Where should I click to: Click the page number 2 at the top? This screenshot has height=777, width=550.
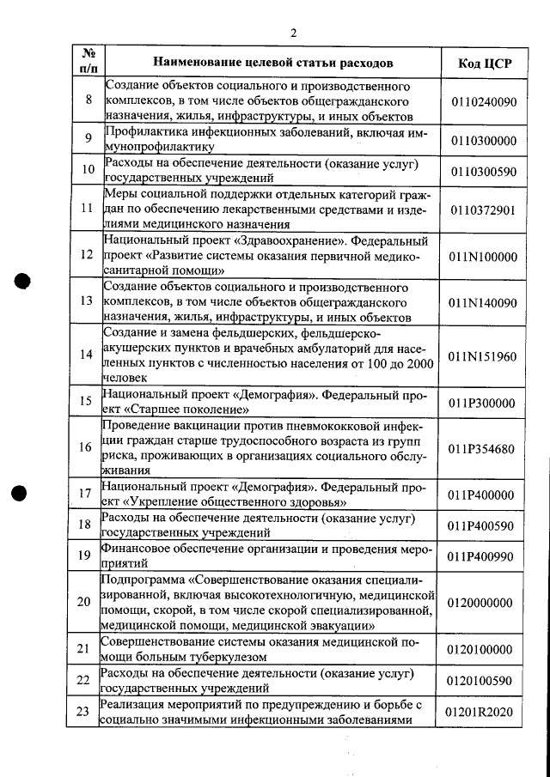click(x=293, y=33)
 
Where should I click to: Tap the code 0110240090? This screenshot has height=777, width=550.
click(x=483, y=101)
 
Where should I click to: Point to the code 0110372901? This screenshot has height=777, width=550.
click(x=483, y=209)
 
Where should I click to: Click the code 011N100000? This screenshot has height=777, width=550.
click(x=483, y=256)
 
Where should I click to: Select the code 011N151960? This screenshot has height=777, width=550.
click(x=483, y=355)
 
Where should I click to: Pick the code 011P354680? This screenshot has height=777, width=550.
click(x=483, y=449)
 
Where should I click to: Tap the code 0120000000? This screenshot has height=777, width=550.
click(x=483, y=603)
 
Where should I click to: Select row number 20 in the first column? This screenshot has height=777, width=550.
click(x=83, y=603)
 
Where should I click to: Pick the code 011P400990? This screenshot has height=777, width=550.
click(x=483, y=556)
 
